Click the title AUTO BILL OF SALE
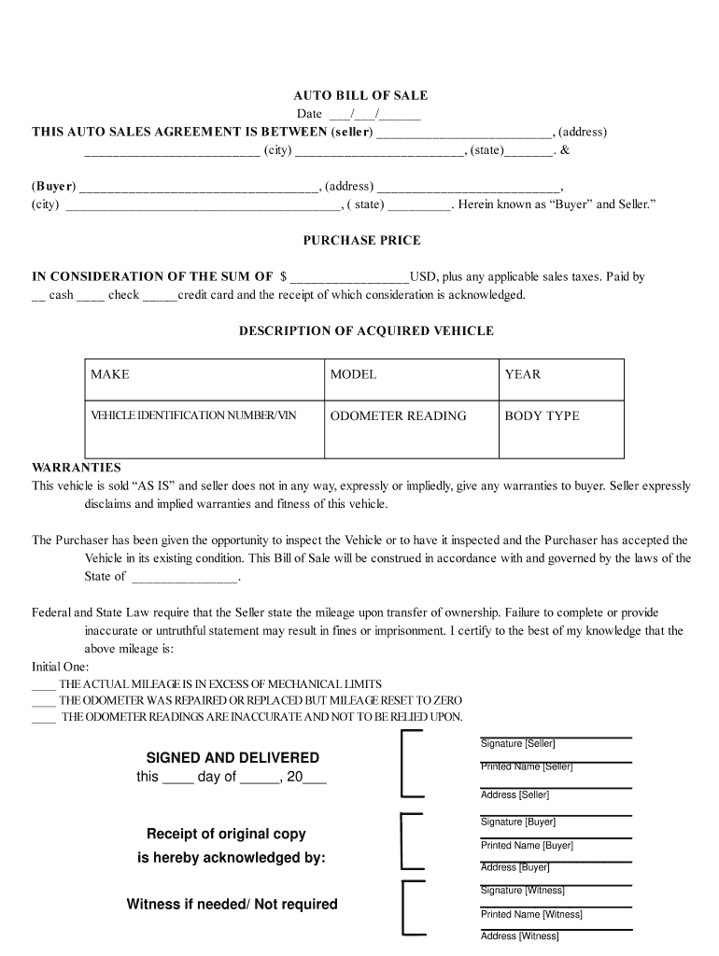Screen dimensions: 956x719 coord(360,95)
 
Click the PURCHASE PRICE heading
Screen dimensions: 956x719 coord(361,240)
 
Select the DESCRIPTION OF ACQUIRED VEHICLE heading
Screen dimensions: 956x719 coord(366,330)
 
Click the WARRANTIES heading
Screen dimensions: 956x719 coord(77,467)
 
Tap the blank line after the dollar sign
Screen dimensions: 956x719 coord(350,277)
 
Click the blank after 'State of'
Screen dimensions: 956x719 coord(185,577)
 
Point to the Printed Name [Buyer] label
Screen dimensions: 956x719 coord(527,845)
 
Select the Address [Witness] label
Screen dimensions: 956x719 coord(519,935)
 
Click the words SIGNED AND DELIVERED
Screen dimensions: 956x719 coord(233,758)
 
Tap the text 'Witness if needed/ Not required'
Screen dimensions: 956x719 coord(232,904)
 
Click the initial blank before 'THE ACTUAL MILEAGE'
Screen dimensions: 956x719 coord(44,684)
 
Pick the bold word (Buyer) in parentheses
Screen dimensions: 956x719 coord(54,186)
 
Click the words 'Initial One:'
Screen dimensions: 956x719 coord(61,667)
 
